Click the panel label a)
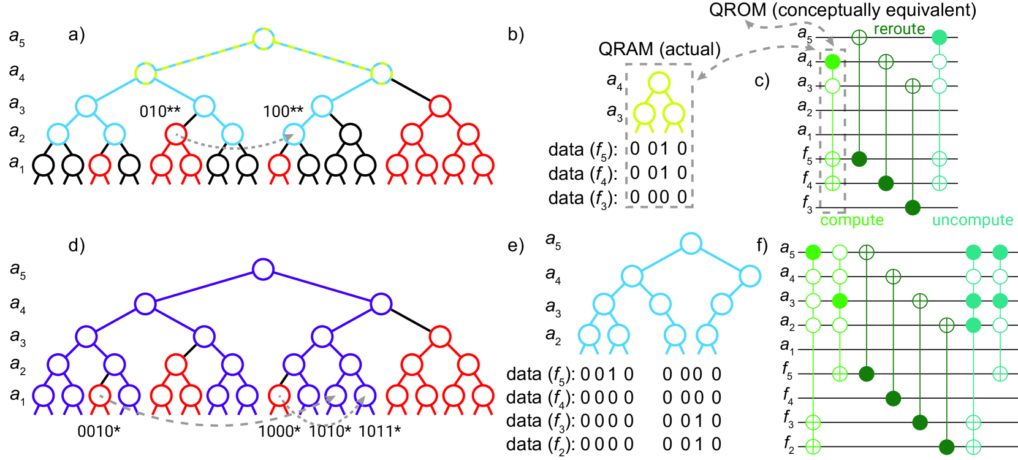pyautogui.click(x=77, y=35)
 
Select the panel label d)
pyautogui.click(x=77, y=246)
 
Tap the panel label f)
pyautogui.click(x=762, y=246)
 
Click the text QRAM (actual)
pyautogui.click(x=659, y=50)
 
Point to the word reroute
pyautogui.click(x=899, y=29)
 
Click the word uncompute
pyautogui.click(x=973, y=220)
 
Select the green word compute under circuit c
pyautogui.click(x=852, y=220)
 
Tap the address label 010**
pyautogui.click(x=160, y=112)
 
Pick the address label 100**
pyautogui.click(x=283, y=112)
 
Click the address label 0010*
pyautogui.click(x=99, y=431)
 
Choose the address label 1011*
pyautogui.click(x=379, y=431)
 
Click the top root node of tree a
pyautogui.click(x=264, y=39)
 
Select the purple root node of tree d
pyautogui.click(x=264, y=269)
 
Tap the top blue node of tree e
pyautogui.click(x=691, y=243)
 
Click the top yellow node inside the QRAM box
pyautogui.click(x=659, y=82)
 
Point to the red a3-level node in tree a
pyautogui.click(x=440, y=106)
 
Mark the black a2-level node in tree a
pyautogui.click(x=350, y=134)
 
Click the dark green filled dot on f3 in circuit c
pyautogui.click(x=913, y=207)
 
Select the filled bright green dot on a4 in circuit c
pyautogui.click(x=832, y=61)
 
